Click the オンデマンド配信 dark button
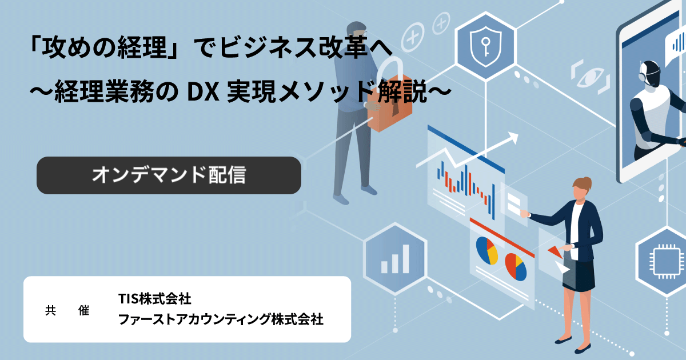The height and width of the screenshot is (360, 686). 169,175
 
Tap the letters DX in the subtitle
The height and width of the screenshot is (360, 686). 203,93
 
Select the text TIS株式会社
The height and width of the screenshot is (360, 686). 155,299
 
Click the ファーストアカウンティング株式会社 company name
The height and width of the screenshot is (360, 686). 221,319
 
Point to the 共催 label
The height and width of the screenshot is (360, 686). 67,310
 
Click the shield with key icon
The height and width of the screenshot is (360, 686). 485,46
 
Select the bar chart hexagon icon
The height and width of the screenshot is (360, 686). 395,259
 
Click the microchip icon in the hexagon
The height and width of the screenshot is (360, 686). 667,261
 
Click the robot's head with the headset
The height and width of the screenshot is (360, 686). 649,74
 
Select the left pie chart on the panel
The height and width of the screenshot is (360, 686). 487,250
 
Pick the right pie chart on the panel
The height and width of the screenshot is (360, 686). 516,267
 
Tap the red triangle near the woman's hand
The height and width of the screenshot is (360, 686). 555,251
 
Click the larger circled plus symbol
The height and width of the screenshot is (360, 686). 413,37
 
